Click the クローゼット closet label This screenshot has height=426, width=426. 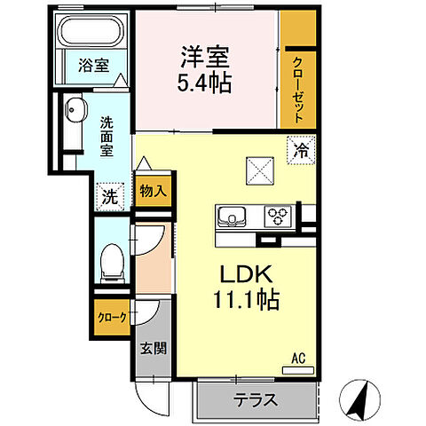300,89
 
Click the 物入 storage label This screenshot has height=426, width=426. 152,190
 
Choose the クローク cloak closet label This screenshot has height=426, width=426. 112,317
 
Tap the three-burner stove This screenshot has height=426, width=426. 279,217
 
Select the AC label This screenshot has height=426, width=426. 299,359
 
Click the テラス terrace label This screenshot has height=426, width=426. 256,398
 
